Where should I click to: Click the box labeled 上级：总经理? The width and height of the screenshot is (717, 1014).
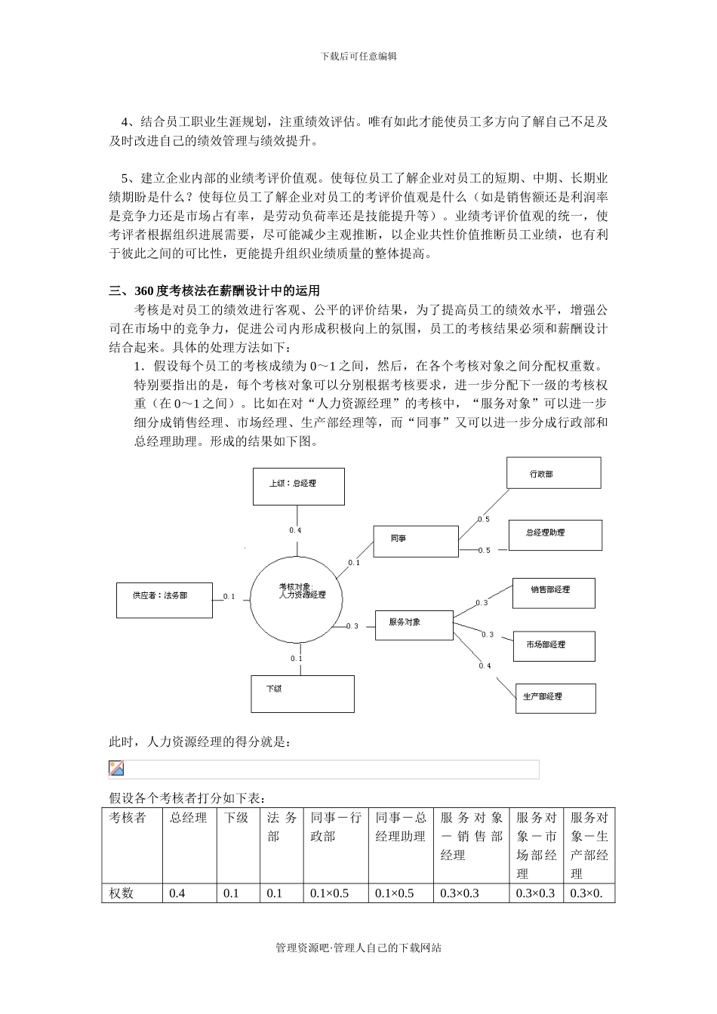(298, 486)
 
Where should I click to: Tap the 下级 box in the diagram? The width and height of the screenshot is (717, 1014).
(302, 693)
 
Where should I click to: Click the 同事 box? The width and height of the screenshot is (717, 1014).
(416, 541)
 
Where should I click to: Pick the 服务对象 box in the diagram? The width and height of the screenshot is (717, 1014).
(414, 625)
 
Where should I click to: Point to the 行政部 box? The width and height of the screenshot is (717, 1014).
(554, 474)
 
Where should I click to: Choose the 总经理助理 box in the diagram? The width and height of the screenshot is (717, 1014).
(555, 535)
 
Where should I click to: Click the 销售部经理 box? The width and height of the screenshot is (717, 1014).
(553, 593)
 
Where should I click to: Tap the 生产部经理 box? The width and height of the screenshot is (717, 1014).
(555, 698)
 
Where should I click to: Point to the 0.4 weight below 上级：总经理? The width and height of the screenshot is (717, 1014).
(295, 530)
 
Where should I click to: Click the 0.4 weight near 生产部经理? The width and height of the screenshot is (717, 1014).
(485, 665)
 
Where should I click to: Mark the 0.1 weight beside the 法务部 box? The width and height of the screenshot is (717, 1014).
(229, 597)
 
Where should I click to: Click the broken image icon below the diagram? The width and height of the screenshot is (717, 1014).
(116, 769)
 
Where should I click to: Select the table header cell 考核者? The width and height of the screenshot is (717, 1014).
(128, 818)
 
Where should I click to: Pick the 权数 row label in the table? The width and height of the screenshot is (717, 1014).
(122, 893)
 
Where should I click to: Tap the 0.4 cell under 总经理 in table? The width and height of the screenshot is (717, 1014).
(177, 893)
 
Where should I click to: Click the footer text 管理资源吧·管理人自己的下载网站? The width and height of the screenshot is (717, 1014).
(358, 948)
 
